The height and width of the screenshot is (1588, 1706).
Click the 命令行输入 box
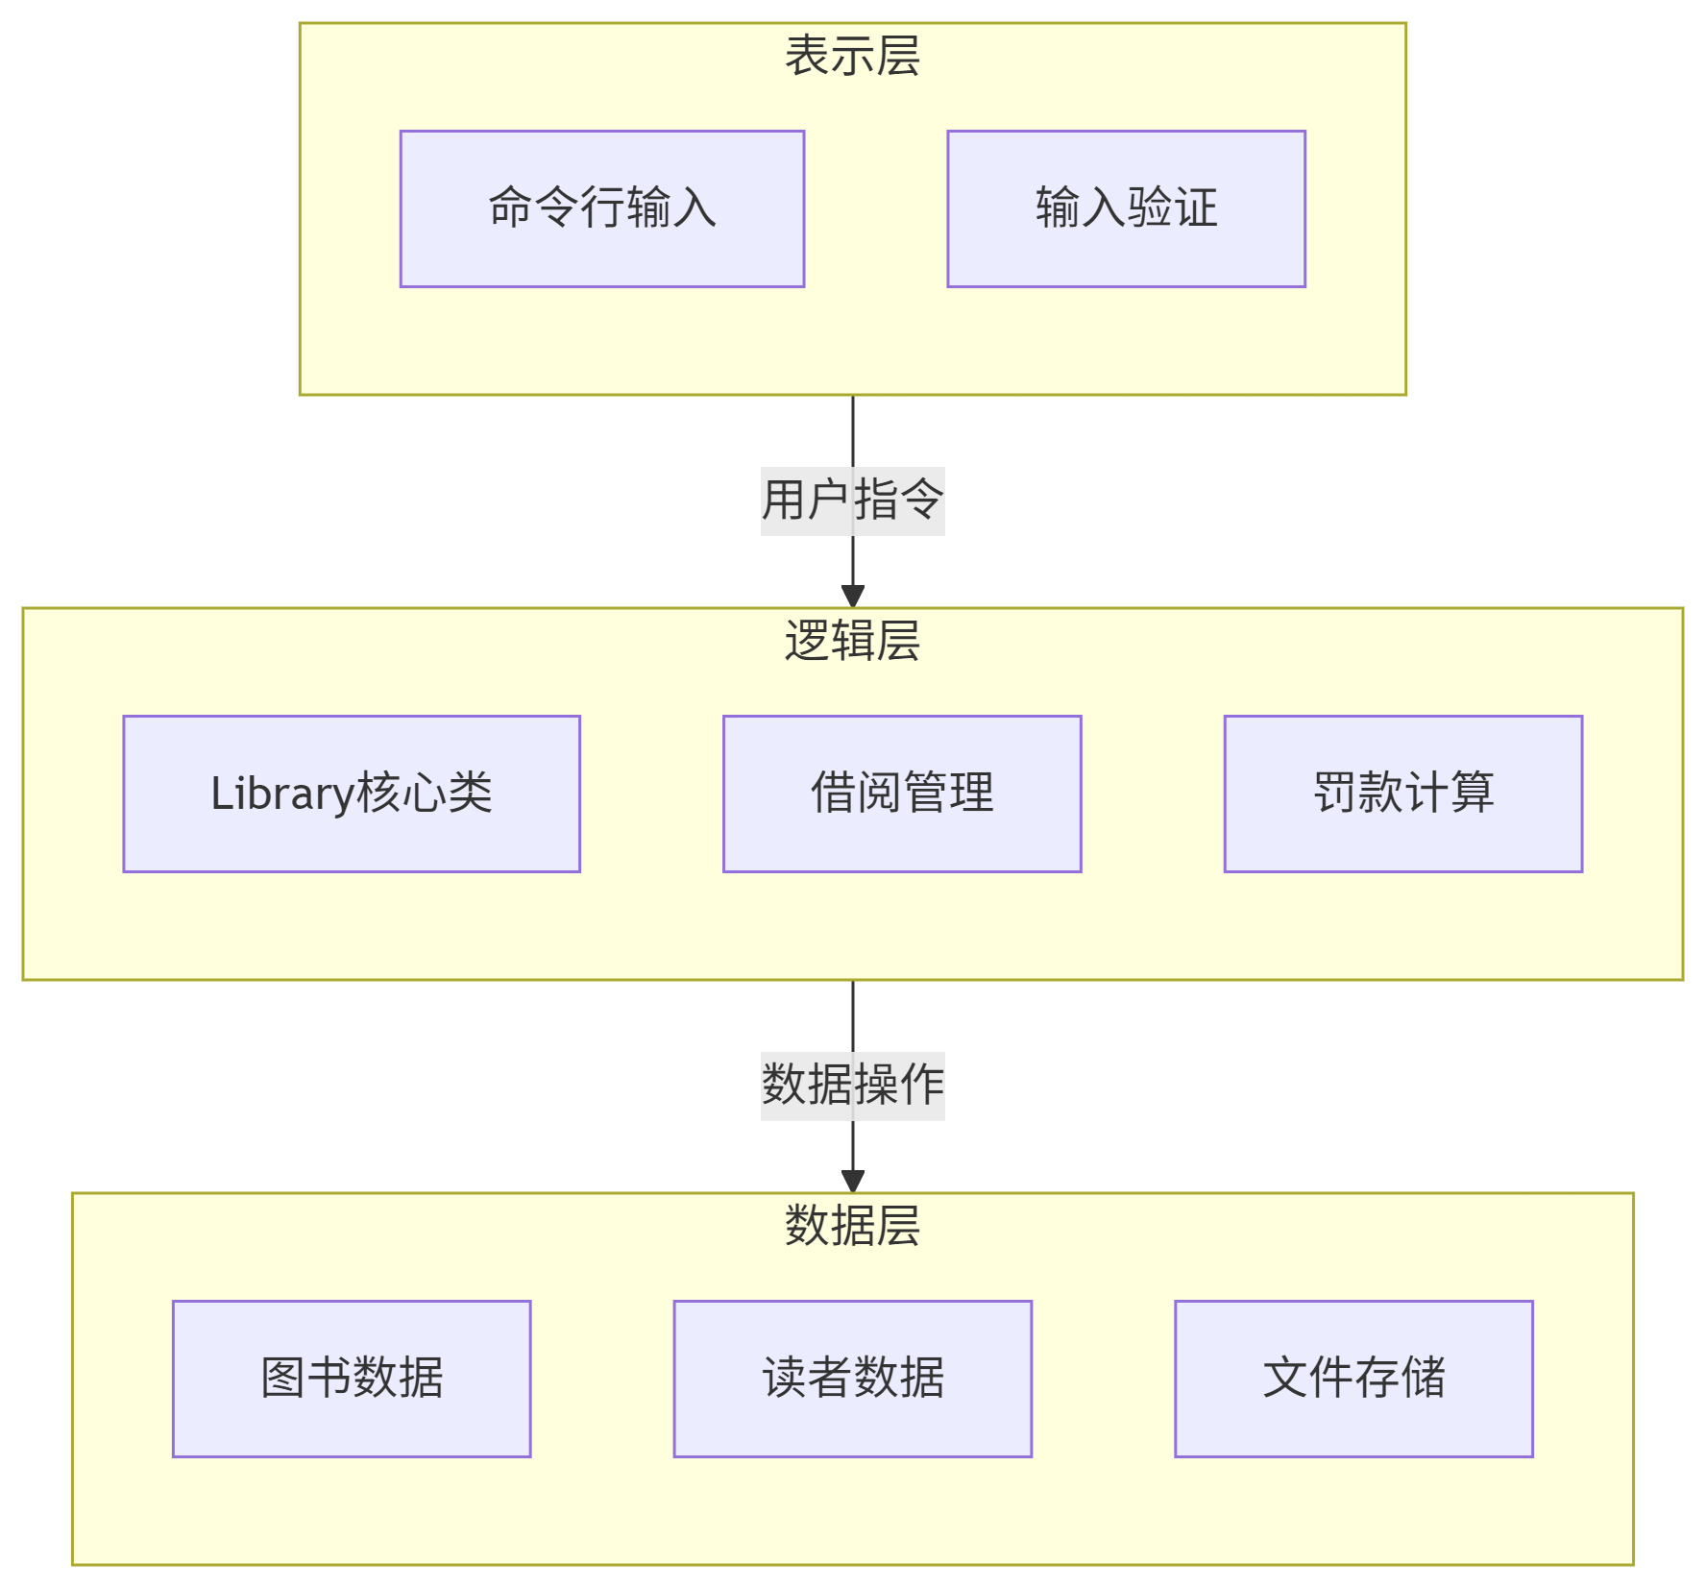click(602, 208)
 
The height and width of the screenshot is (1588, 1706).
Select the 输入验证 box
click(1126, 208)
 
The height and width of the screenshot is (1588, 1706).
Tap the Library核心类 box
click(352, 794)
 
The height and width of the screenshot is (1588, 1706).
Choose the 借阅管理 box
click(902, 794)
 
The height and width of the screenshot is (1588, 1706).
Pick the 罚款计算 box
click(1402, 794)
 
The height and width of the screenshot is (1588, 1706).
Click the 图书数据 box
click(352, 1379)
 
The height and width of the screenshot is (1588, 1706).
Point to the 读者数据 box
click(853, 1379)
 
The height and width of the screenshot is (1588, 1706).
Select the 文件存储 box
click(1353, 1379)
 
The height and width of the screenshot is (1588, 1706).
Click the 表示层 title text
click(853, 56)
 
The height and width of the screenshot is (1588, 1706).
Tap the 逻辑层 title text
click(853, 641)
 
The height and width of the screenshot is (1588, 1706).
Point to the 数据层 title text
click(853, 1226)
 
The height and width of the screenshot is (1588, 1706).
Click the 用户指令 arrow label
click(853, 501)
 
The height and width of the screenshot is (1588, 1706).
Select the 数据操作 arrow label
click(853, 1086)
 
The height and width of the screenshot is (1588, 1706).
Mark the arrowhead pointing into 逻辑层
click(853, 596)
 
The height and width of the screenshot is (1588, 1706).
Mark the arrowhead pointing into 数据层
click(853, 1181)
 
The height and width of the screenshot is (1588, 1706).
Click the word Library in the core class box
click(283, 794)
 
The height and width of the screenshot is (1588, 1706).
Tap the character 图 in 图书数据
click(283, 1379)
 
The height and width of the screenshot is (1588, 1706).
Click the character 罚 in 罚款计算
click(1335, 794)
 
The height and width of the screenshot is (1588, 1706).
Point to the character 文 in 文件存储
click(1285, 1379)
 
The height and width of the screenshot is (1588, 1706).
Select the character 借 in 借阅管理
click(834, 794)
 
